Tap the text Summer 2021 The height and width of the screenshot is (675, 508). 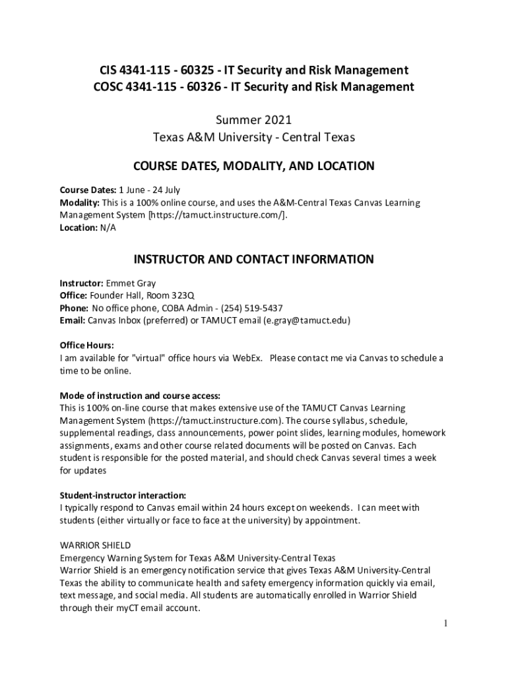coord(254,121)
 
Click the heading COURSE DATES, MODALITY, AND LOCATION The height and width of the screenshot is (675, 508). coord(254,166)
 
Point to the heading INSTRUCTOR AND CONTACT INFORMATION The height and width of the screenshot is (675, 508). coord(254,259)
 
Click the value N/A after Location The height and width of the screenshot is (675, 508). coord(107,227)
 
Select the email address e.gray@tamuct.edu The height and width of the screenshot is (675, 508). coord(305,320)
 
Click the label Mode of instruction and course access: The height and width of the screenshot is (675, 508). coord(140,396)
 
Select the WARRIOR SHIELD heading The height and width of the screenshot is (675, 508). coord(95,545)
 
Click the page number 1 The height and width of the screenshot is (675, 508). coord(447,623)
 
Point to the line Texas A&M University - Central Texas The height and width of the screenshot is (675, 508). coord(254,138)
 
